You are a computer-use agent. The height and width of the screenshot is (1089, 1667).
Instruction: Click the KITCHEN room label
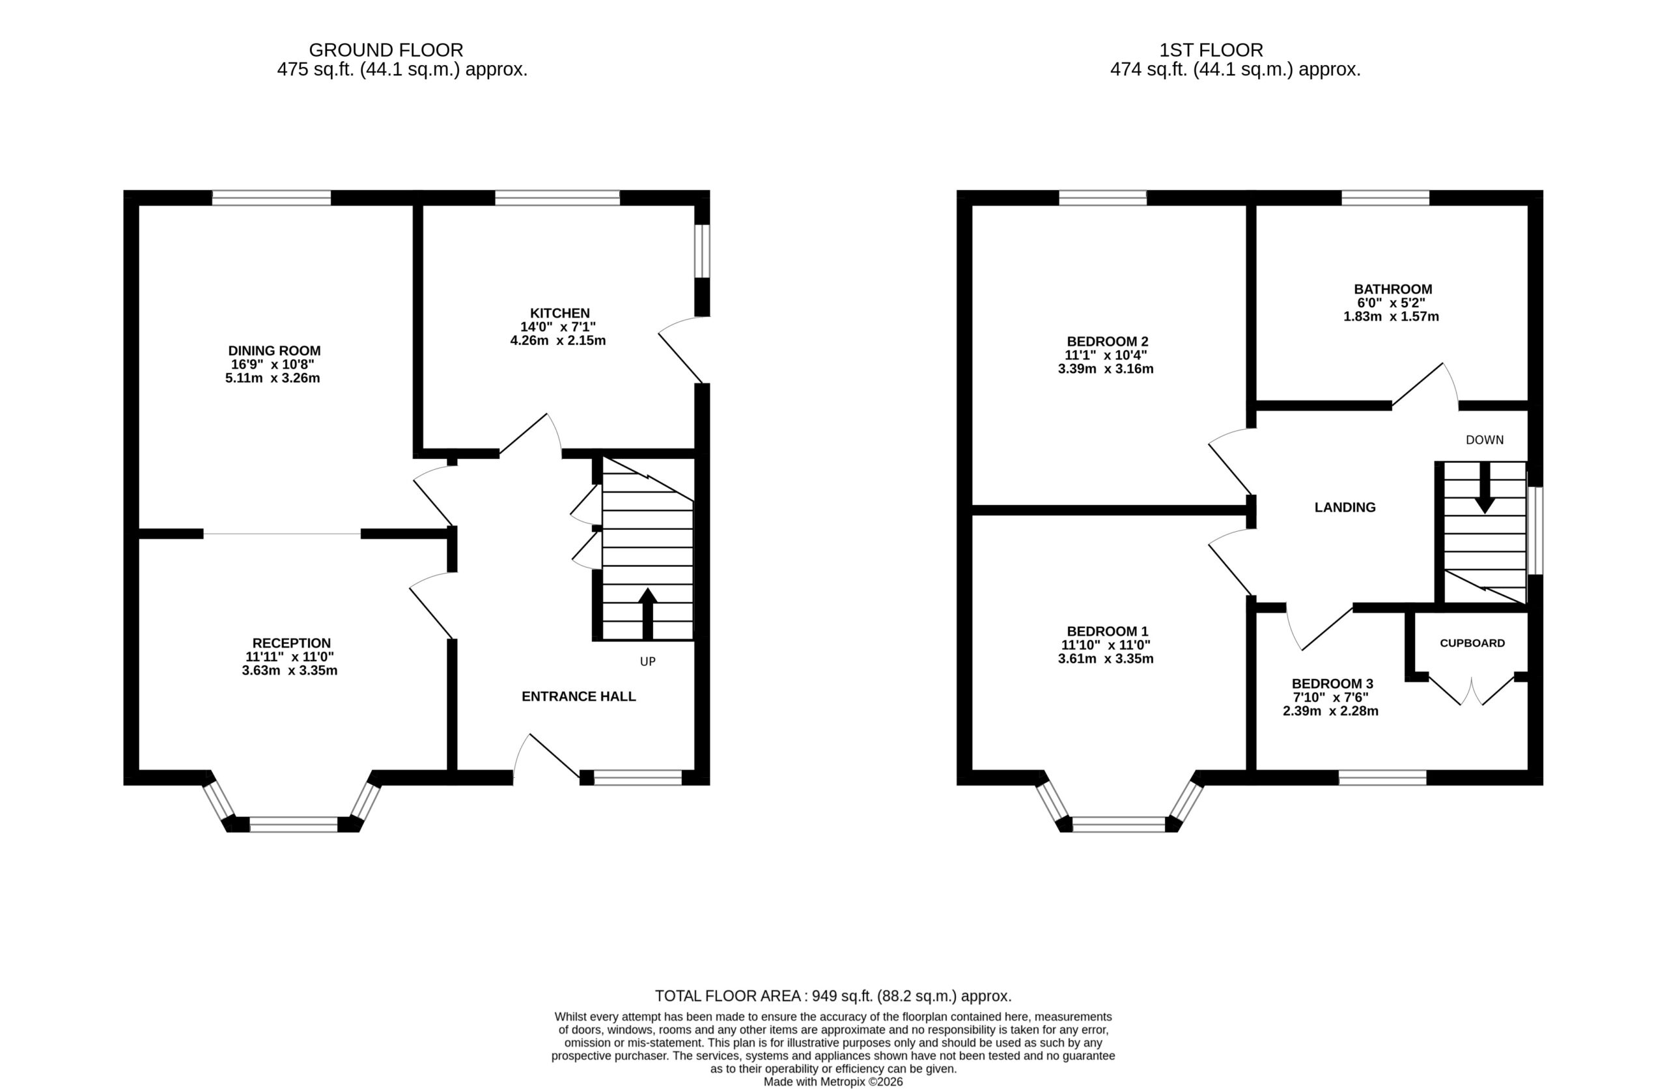(x=559, y=313)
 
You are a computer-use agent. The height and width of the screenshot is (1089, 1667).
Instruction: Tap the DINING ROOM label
(x=275, y=351)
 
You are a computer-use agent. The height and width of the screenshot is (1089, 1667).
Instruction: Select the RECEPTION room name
(x=291, y=643)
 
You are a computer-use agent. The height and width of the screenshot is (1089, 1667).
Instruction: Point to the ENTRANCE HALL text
(x=578, y=696)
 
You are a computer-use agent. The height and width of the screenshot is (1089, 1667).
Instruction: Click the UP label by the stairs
(x=648, y=661)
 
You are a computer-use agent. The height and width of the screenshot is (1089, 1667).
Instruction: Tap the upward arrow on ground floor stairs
(x=648, y=613)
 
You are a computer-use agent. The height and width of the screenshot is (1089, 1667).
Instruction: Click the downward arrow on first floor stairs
(x=1484, y=488)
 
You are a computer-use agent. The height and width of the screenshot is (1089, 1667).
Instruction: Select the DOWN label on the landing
(x=1485, y=440)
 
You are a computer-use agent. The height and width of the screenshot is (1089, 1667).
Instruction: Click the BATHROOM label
(x=1393, y=289)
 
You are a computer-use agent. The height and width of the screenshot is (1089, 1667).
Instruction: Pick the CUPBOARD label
(x=1472, y=643)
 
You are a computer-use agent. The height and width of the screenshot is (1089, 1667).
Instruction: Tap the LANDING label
(x=1345, y=508)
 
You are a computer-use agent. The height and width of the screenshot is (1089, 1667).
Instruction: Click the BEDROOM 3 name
(x=1332, y=683)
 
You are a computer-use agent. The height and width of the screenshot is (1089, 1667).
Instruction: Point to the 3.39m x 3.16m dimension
(x=1105, y=369)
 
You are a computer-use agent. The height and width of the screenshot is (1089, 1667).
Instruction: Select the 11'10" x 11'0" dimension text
(x=1105, y=645)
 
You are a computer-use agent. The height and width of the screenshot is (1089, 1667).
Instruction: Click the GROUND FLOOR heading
(x=386, y=50)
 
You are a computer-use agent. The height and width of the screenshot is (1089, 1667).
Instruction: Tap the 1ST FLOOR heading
(x=1211, y=50)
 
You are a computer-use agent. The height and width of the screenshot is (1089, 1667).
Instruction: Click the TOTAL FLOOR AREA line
(x=833, y=996)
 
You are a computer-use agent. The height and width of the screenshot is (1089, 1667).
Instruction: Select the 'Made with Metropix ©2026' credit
(x=833, y=1081)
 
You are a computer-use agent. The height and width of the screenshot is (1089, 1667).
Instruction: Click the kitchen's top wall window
(x=557, y=198)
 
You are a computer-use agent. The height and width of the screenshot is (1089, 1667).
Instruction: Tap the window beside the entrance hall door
(x=637, y=777)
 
